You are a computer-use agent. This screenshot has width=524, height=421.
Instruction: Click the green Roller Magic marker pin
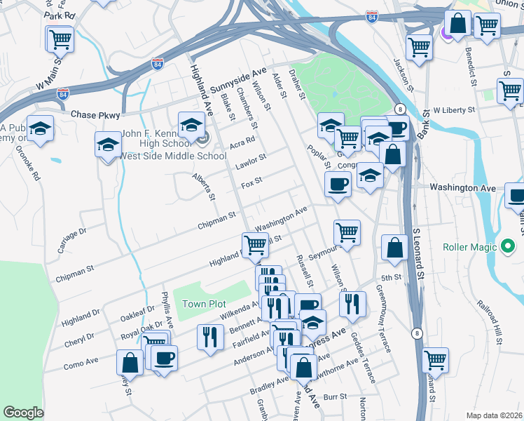click(508, 247)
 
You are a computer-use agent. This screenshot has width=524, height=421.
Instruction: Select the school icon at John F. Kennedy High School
click(191, 126)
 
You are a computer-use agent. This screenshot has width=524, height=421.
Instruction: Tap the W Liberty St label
click(454, 110)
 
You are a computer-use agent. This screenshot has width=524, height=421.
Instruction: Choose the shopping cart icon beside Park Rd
click(60, 39)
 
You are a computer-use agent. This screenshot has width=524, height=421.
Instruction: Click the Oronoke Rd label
click(31, 164)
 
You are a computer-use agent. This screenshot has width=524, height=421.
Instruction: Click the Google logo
click(23, 413)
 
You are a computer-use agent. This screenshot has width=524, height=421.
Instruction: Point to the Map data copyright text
click(495, 415)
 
